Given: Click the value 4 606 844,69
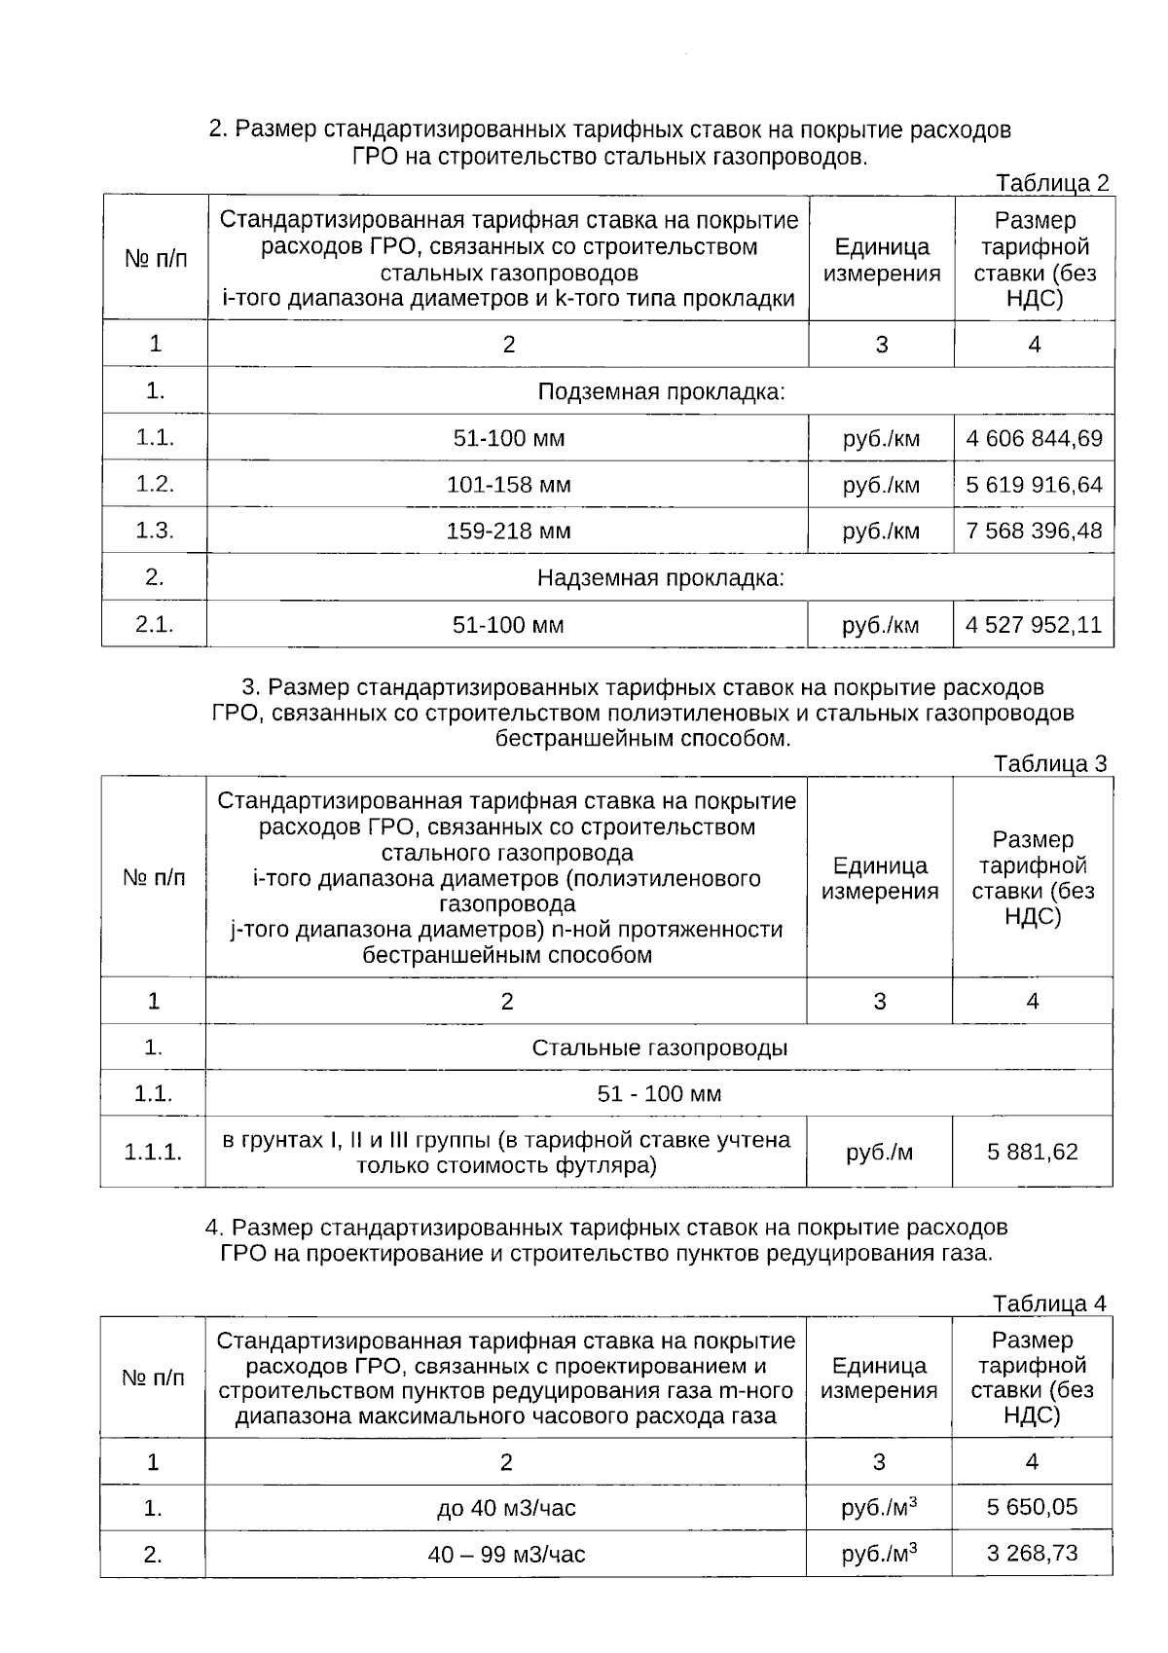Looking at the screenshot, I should [1034, 438].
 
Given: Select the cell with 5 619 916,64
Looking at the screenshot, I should [1034, 485].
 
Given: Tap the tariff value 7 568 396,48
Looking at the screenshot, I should [1034, 531].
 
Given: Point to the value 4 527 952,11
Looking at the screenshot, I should [1034, 624].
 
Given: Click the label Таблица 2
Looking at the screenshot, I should [1052, 183].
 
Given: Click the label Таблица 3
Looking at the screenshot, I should [1050, 763].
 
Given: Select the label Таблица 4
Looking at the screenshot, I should [1049, 1303].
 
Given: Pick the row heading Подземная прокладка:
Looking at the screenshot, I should [661, 392].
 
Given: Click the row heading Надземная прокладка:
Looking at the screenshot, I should [661, 578].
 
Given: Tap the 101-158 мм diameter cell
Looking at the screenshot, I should [508, 485].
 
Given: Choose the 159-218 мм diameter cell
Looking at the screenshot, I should [508, 531].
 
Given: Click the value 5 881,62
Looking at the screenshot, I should [1032, 1152].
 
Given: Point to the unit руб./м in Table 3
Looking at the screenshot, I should [879, 1153].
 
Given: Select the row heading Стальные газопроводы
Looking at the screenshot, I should [659, 1047].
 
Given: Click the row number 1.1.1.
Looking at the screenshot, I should [153, 1153].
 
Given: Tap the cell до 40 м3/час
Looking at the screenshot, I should [506, 1508].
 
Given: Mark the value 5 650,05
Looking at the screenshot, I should [1032, 1507].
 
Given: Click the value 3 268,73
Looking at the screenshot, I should [1032, 1553].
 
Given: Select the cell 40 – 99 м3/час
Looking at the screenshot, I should [506, 1554].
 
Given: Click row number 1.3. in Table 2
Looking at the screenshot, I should [155, 531].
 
